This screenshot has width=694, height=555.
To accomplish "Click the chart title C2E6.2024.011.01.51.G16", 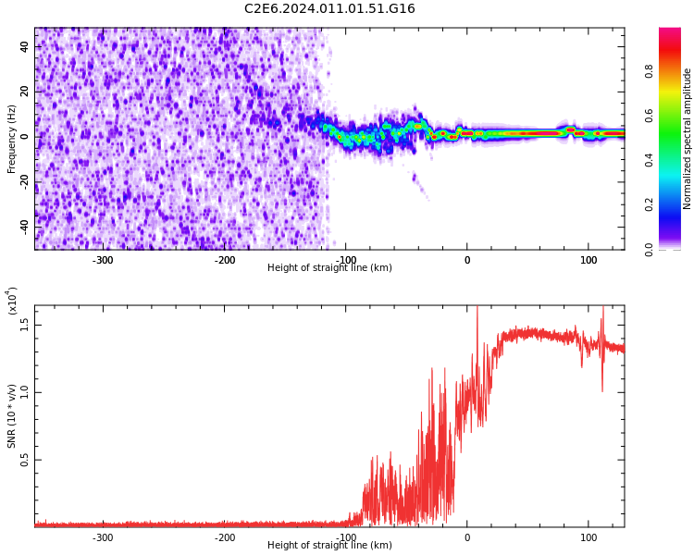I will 329,9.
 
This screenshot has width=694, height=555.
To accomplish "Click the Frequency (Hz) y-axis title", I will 12,138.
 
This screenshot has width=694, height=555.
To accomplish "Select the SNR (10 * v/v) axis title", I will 12,416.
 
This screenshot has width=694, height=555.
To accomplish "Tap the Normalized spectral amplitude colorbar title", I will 688,138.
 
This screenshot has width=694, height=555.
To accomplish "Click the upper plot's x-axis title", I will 329,268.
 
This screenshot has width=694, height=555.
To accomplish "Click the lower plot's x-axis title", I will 329,546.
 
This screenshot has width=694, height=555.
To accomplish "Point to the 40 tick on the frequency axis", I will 25,47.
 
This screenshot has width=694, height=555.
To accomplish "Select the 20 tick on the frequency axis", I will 25,92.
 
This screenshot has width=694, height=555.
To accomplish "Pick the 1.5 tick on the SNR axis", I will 25,323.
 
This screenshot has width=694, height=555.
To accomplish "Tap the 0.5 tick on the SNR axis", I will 25,459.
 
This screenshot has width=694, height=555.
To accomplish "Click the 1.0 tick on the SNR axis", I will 25,391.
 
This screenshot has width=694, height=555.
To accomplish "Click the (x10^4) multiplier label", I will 12,301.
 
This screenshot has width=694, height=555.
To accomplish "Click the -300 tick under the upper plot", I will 103,260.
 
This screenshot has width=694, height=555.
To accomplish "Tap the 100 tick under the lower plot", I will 589,537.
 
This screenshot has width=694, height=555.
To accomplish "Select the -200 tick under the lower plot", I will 225,537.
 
